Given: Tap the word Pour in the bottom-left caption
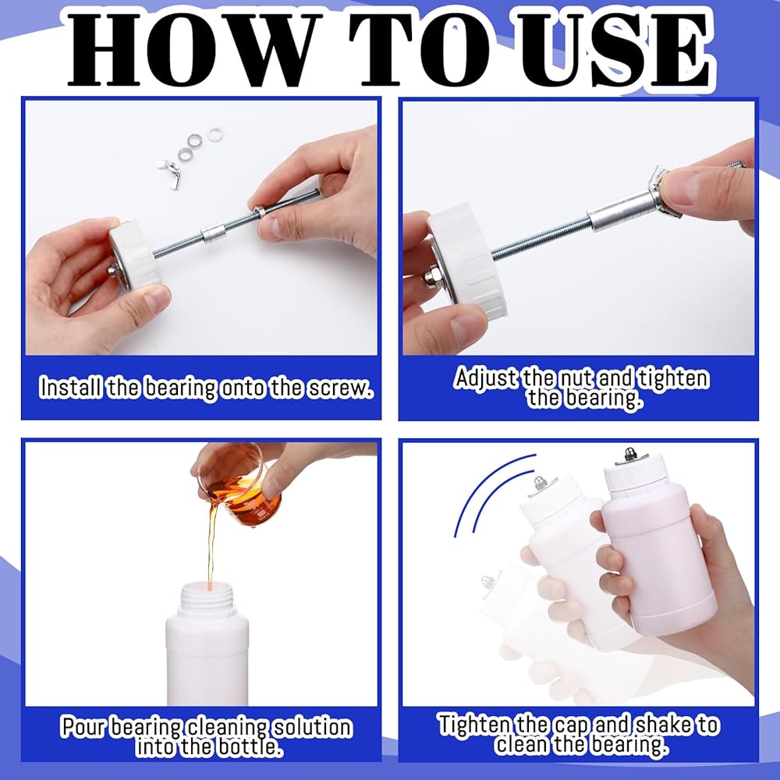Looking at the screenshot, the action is [83, 727].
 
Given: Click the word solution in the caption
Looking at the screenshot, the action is [314, 727].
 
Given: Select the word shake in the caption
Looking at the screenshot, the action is [657, 725].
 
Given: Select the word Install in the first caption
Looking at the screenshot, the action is [72, 387].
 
